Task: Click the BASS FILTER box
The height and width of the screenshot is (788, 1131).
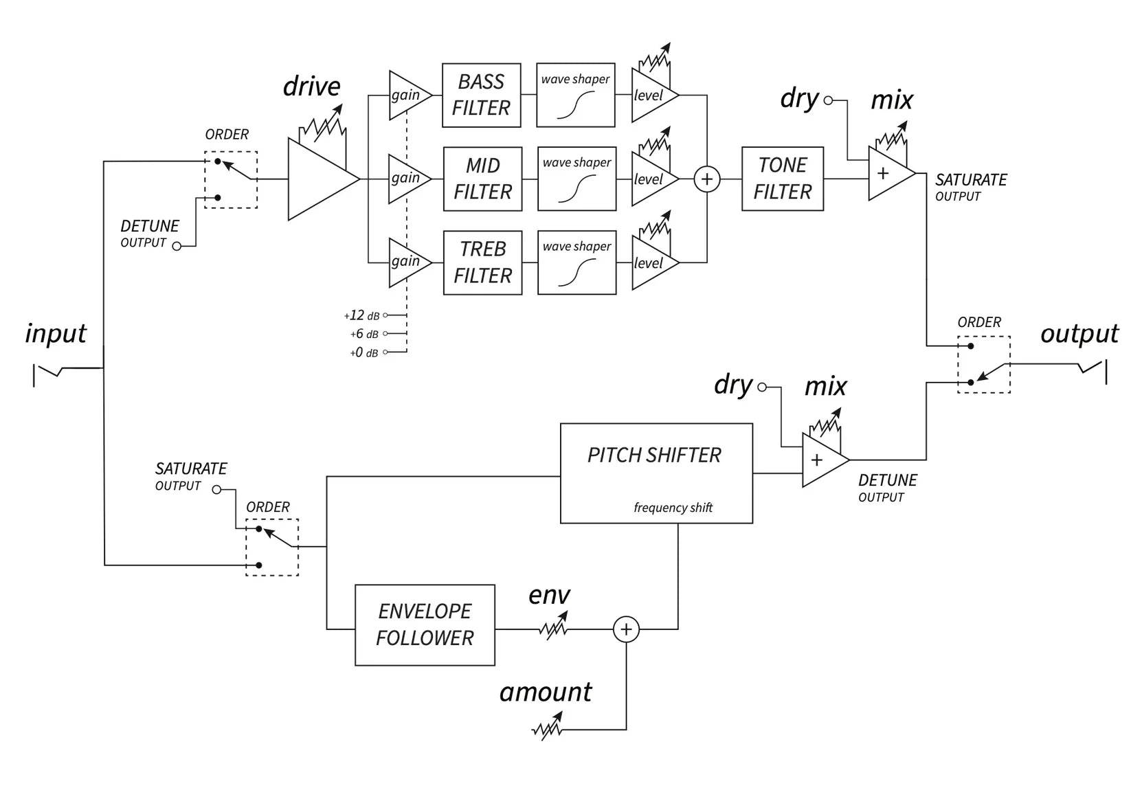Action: click(481, 95)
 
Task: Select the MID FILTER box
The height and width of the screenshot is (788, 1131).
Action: click(482, 179)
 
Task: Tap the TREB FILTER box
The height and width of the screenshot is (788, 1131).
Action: click(482, 262)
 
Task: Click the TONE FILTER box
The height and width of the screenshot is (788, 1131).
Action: click(782, 179)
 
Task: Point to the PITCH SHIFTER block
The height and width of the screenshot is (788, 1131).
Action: click(656, 473)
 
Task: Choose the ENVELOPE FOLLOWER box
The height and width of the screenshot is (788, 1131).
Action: click(425, 624)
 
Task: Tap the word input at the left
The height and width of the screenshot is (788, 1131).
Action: click(56, 334)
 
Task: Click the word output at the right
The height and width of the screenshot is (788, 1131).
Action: click(1079, 334)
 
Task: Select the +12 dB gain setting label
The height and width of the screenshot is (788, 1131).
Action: click(362, 315)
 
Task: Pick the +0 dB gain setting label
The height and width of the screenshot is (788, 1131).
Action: click(363, 352)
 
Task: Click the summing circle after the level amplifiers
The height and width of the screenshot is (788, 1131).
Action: click(707, 179)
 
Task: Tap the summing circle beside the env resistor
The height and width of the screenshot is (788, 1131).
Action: click(626, 629)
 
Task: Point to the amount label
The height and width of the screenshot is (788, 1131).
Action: click(546, 692)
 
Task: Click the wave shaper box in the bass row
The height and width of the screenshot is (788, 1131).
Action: click(575, 95)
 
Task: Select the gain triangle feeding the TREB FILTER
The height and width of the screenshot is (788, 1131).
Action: click(408, 262)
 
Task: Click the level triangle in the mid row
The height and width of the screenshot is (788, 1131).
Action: click(652, 179)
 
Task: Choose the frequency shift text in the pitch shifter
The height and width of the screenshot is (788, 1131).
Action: click(673, 508)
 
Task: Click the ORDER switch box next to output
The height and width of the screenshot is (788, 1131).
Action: click(983, 364)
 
